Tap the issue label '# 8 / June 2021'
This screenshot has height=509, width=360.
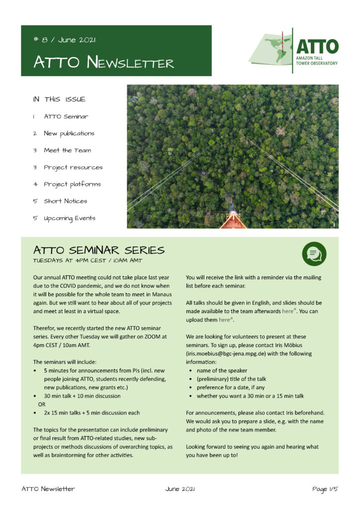(x=65, y=40)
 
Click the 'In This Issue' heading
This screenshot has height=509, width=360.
(x=59, y=99)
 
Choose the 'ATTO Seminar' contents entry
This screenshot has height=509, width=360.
(x=66, y=116)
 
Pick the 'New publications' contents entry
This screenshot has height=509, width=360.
(x=69, y=133)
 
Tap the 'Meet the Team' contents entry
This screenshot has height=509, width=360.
(x=67, y=150)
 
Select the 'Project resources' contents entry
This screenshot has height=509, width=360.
(x=73, y=167)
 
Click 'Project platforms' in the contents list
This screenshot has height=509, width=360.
(x=72, y=184)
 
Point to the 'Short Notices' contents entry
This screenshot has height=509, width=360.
(x=65, y=201)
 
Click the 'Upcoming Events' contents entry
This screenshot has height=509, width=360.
(x=69, y=218)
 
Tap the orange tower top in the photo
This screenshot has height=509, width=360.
(x=233, y=221)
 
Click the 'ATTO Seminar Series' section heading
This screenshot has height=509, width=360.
(x=98, y=250)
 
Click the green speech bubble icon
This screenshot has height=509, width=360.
(x=314, y=254)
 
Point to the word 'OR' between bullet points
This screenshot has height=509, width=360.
(x=42, y=404)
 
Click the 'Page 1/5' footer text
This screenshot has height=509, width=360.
(x=325, y=489)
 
